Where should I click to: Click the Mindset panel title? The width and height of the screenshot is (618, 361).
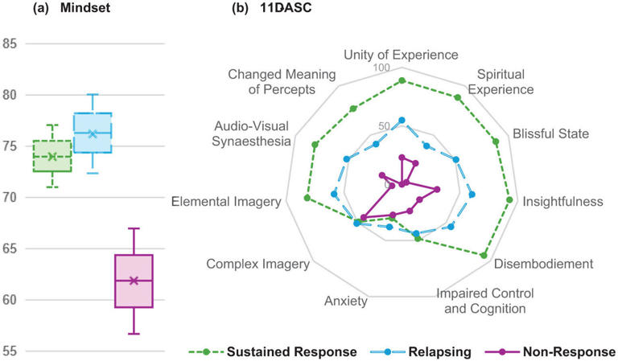[85, 8]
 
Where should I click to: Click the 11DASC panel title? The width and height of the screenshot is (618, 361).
[286, 8]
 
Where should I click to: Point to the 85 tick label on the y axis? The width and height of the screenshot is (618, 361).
[10, 43]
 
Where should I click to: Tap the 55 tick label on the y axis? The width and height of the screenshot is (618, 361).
[10, 351]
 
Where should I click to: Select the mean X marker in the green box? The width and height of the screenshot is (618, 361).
[52, 157]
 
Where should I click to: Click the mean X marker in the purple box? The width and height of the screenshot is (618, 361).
[134, 281]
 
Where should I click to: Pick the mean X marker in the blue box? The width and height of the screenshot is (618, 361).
[93, 134]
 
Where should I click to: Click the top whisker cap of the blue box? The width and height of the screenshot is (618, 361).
[93, 95]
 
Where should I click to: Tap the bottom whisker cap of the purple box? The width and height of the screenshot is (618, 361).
[134, 334]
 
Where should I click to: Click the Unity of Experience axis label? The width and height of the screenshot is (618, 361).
[401, 55]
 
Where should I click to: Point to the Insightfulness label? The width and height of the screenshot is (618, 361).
[562, 202]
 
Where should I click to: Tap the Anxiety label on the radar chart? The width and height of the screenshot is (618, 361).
[346, 302]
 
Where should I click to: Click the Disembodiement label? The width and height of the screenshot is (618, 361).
[543, 264]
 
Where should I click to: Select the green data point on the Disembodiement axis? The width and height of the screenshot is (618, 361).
[484, 256]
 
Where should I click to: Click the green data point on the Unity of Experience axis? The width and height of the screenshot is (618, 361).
[402, 80]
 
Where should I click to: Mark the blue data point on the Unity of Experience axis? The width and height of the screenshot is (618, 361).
[402, 120]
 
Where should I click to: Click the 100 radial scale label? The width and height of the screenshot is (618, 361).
[381, 68]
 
